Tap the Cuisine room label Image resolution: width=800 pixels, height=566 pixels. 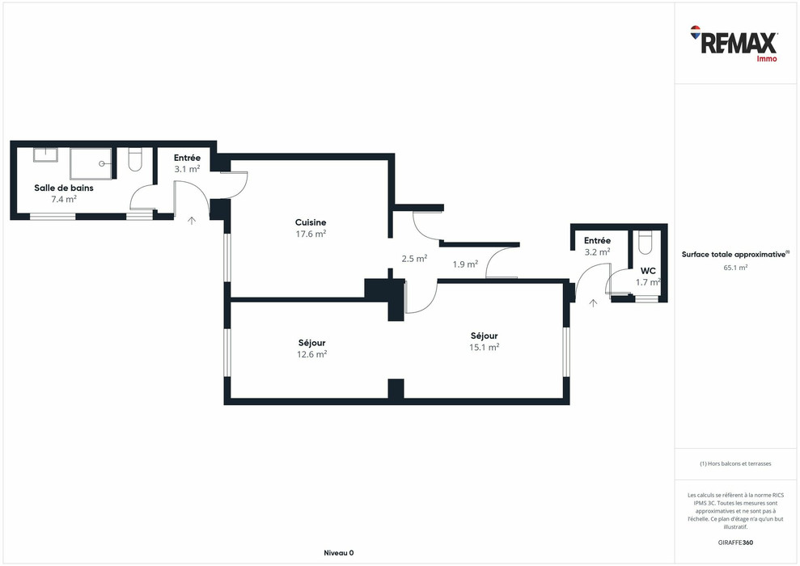coord(310,222)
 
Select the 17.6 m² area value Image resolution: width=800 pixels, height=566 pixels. coord(311,234)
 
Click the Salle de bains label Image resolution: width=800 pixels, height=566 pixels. coord(64,188)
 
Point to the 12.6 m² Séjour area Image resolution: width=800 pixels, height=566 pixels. coord(311,354)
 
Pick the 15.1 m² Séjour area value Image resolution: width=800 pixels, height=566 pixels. coord(485,347)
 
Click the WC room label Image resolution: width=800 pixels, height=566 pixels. coord(648,271)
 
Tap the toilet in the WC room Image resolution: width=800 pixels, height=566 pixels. coord(646,243)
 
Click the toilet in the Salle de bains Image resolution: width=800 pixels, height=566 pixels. coord(135,159)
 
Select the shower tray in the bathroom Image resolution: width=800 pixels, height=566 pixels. coord(91,163)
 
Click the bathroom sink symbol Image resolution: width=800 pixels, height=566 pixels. coord(45,154)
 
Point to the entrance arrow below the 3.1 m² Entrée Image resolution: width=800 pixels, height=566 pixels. coord(192,220)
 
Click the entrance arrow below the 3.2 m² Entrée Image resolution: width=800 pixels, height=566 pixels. coord(593,303)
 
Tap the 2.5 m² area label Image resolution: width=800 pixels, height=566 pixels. coord(414,259)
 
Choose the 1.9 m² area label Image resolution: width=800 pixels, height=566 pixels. coord(465,264)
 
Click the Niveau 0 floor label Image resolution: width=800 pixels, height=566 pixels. coord(339,553)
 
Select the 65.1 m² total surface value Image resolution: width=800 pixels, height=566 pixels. coord(736,267)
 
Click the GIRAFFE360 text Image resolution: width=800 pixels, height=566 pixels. coord(736,543)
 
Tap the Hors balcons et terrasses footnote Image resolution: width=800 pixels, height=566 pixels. coord(736,463)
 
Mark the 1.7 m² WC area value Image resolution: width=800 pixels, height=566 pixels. coord(648,282)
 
